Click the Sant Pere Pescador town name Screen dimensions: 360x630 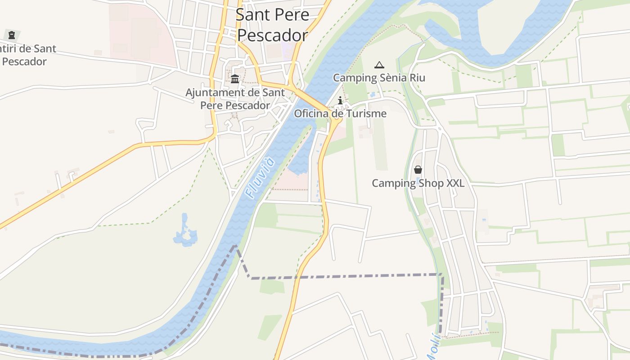click(x=272, y=25)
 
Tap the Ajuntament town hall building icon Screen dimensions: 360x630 click(x=235, y=79)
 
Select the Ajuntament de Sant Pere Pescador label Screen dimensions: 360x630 click(x=235, y=99)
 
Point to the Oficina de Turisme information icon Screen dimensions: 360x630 click(x=340, y=100)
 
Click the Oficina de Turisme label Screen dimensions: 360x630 click(x=340, y=113)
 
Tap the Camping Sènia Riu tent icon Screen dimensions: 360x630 click(x=379, y=65)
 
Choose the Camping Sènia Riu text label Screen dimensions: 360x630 click(x=379, y=78)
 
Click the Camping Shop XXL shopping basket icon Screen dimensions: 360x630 click(x=418, y=170)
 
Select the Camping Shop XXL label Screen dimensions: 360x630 click(x=418, y=183)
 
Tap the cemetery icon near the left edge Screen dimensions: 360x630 click(x=12, y=35)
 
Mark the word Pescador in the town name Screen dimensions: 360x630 click(x=273, y=35)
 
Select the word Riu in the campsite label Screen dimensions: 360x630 click(x=417, y=78)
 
